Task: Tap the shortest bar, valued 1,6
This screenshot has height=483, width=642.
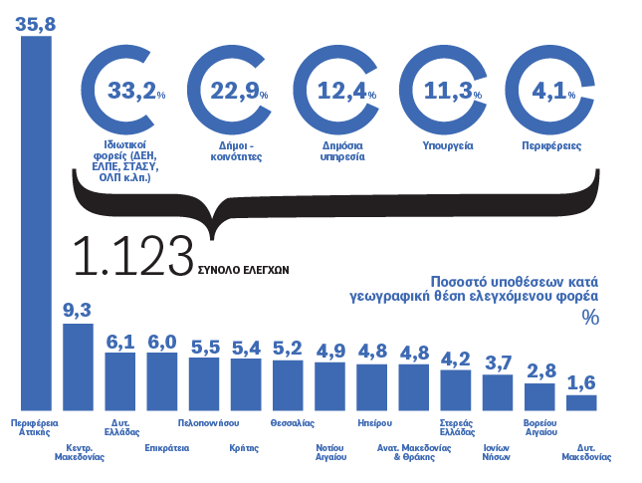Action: pyautogui.click(x=581, y=402)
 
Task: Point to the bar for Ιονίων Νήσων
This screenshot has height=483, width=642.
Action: pyautogui.click(x=497, y=392)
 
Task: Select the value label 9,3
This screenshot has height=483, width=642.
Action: pyautogui.click(x=77, y=311)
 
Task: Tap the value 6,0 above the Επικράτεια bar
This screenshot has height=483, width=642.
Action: pyautogui.click(x=161, y=341)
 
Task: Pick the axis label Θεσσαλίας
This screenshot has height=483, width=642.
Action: pyautogui.click(x=289, y=422)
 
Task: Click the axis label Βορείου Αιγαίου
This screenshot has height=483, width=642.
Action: pyautogui.click(x=539, y=427)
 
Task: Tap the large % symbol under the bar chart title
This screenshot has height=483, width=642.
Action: pyautogui.click(x=590, y=318)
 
